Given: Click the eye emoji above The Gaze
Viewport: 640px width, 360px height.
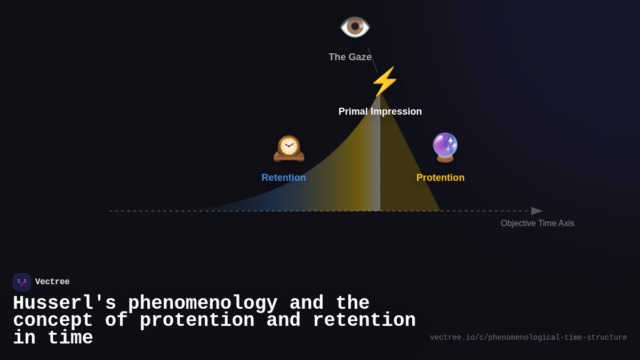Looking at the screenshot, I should (x=355, y=27).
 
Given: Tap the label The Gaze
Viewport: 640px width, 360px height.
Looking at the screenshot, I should (x=350, y=57).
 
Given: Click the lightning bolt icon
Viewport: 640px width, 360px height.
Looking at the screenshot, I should (x=385, y=82).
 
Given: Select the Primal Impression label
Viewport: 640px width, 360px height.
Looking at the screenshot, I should (x=380, y=111).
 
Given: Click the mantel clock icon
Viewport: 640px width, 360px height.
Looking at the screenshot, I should (x=289, y=148).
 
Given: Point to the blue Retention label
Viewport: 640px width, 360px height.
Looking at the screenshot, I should (x=284, y=178).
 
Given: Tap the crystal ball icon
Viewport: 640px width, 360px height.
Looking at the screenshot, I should (x=445, y=147).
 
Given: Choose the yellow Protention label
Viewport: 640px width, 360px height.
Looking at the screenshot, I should (x=440, y=178).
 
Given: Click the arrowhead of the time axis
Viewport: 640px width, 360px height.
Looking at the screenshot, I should (x=536, y=211).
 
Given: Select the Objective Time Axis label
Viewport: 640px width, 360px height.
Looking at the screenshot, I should (x=537, y=223).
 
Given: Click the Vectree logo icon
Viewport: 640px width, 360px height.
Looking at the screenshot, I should (x=22, y=282).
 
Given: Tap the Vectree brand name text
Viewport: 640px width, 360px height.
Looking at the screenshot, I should (x=52, y=282).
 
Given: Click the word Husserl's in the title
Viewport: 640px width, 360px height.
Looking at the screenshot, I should (x=65, y=303).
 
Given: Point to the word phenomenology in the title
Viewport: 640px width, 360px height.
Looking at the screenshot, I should (x=203, y=303).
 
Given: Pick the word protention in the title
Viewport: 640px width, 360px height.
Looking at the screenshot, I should (x=197, y=321).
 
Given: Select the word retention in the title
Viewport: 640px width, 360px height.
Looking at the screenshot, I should (x=364, y=321).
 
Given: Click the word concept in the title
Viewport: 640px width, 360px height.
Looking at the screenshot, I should (x=53, y=321).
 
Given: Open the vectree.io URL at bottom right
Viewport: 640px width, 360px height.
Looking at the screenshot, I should (x=528, y=338).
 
